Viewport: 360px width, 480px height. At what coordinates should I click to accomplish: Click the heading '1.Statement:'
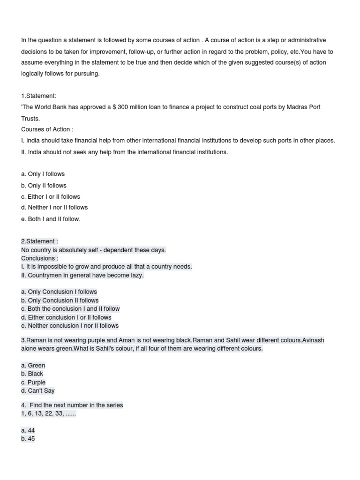tap(38, 96)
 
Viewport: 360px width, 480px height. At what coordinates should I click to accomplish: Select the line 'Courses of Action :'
tap(47, 129)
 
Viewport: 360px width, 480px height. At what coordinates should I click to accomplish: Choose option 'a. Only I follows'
tap(43, 174)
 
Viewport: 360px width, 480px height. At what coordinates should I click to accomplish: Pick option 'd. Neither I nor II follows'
tap(54, 207)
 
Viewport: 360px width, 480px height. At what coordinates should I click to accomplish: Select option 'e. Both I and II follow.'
tap(51, 219)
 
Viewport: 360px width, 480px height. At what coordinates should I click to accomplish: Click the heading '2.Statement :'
tap(39, 241)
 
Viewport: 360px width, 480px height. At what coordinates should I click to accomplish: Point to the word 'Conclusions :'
tap(40, 258)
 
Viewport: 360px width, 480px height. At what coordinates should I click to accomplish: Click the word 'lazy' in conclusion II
tap(136, 275)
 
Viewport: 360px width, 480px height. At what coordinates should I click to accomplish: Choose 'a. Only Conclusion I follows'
tap(59, 292)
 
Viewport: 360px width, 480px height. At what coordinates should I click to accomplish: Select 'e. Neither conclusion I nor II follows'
tap(70, 326)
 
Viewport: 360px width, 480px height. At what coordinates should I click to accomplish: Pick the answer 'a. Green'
tap(33, 365)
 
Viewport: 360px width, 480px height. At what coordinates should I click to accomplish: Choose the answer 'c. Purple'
tap(33, 382)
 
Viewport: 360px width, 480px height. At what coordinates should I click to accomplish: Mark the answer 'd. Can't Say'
tap(37, 390)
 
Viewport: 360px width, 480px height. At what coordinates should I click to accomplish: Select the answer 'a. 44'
tap(28, 430)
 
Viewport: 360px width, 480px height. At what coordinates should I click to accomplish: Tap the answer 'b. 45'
tap(28, 439)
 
